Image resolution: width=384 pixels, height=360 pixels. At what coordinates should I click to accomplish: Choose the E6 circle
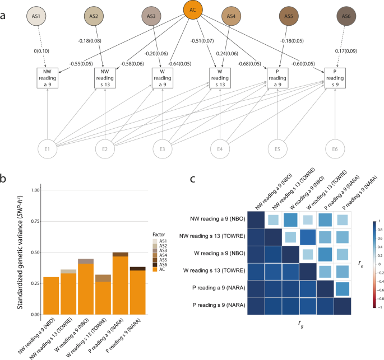335,149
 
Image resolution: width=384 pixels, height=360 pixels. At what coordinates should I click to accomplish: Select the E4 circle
220,149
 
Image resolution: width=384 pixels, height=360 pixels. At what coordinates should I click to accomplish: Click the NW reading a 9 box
48,77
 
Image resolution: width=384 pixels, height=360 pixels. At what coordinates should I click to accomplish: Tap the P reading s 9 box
335,77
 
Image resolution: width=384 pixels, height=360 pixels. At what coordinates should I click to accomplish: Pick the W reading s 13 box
220,77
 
